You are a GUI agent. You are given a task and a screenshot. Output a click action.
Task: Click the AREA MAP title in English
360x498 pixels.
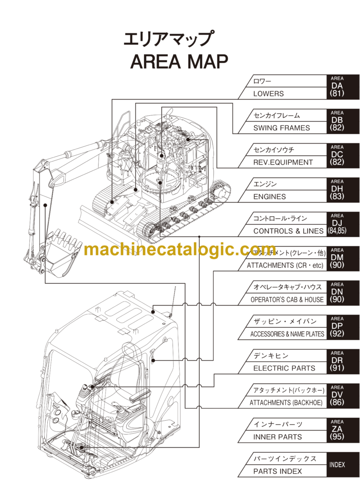coord(179,61)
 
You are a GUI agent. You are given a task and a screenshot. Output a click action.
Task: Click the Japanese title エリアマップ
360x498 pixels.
coord(167,39)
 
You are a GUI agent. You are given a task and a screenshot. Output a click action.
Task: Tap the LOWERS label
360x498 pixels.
coord(268,94)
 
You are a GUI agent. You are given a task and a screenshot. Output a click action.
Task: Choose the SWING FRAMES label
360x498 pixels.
coord(281,128)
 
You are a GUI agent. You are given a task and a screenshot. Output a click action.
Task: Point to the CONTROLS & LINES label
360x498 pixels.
coord(288,231)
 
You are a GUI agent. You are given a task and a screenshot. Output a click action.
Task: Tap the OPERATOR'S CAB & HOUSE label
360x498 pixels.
coord(287,300)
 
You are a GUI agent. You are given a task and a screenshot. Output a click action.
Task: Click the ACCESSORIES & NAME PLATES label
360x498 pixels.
coord(287,334)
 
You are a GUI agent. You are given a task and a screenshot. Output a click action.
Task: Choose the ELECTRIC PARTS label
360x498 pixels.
coord(284,368)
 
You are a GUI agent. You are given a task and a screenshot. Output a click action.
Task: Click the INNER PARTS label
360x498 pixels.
coord(277,437)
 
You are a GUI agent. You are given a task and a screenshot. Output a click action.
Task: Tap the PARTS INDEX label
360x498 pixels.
coord(277,471)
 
